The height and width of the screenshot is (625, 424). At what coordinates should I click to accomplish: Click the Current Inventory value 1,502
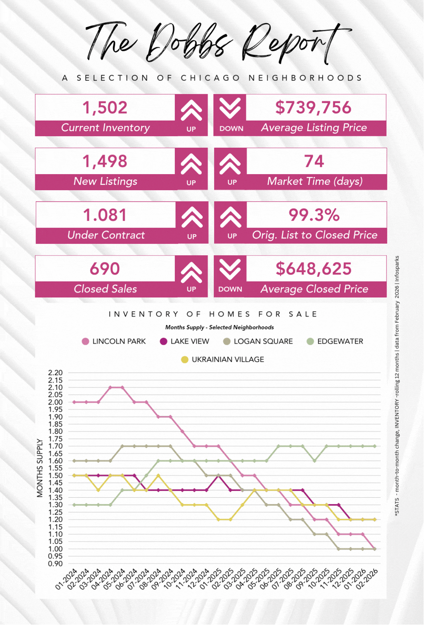(x=105, y=108)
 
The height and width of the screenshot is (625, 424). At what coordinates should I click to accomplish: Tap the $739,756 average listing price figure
(x=313, y=108)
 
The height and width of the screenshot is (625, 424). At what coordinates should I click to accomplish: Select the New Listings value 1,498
(x=105, y=161)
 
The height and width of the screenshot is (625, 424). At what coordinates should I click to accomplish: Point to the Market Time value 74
(x=314, y=161)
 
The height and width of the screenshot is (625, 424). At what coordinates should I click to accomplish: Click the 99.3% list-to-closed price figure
(x=314, y=215)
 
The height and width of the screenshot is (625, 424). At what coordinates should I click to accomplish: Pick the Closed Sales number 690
(x=105, y=269)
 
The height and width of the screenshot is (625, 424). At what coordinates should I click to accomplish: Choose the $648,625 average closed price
(x=313, y=269)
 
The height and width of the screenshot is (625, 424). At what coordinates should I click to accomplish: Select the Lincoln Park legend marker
(x=86, y=342)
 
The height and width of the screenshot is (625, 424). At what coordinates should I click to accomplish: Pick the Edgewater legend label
(x=340, y=342)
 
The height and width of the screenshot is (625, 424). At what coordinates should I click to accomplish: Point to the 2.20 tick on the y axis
(x=56, y=373)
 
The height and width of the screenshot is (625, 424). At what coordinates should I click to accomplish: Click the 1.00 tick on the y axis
(x=56, y=549)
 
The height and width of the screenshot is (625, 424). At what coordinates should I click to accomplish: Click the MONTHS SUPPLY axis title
(x=40, y=468)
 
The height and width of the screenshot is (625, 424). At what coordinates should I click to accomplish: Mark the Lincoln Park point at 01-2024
(x=75, y=402)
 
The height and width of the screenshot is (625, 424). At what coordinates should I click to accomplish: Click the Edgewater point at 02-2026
(x=374, y=446)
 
